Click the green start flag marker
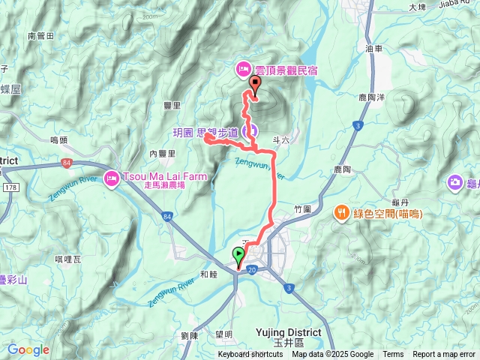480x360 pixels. pos(239,254)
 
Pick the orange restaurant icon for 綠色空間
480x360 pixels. pos(341,213)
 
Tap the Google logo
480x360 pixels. pos(28,349)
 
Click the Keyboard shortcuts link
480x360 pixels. pos(250,355)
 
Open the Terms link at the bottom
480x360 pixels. pos(393,355)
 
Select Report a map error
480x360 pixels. pos(444,355)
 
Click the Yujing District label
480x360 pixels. pos(288,331)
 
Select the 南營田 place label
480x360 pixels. pos(40,35)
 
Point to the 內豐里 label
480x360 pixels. pos(162,153)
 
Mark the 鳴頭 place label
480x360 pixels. pos(58,139)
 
